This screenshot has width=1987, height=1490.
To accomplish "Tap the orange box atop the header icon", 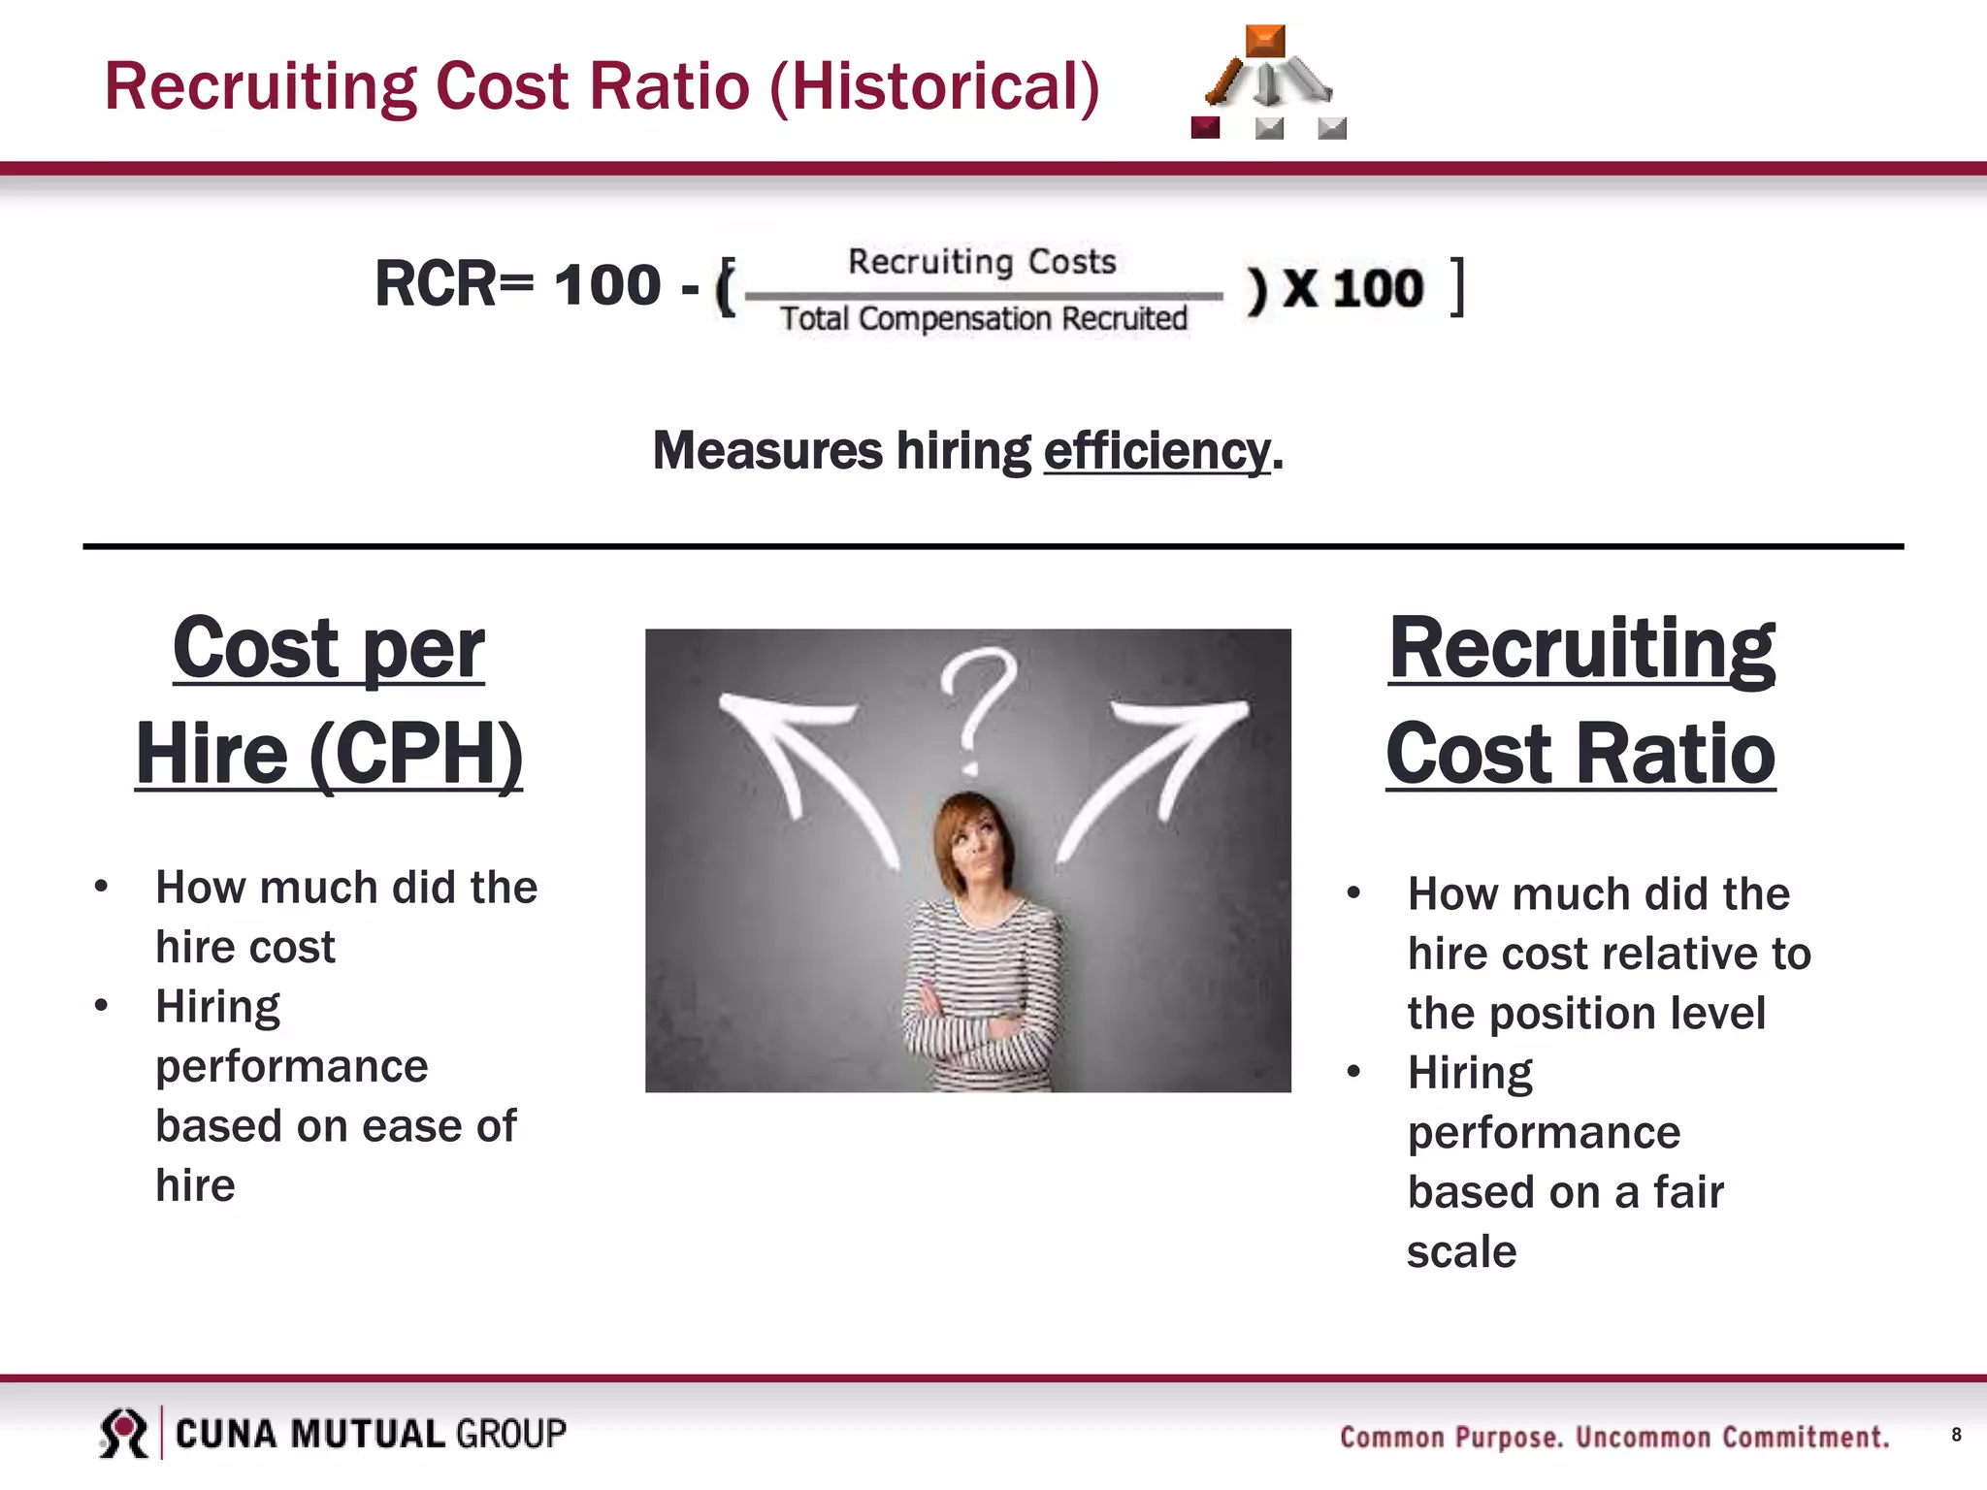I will click(x=1264, y=41).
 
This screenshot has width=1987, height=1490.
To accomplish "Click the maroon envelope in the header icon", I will click(x=1205, y=127).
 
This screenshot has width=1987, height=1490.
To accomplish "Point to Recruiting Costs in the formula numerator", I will click(x=982, y=261).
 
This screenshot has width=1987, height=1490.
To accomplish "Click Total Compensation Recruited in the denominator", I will click(x=983, y=318).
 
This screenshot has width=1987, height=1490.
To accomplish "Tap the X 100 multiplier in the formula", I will click(x=1352, y=288).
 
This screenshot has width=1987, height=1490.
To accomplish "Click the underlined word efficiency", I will click(x=1156, y=451).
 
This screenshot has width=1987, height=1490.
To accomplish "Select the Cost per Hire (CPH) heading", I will click(x=329, y=700).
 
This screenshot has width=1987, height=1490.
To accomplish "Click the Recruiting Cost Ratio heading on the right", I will click(x=1580, y=700).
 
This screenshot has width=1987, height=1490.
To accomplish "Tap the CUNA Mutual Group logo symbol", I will click(x=123, y=1433).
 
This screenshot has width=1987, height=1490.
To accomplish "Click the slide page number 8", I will click(x=1956, y=1435).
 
